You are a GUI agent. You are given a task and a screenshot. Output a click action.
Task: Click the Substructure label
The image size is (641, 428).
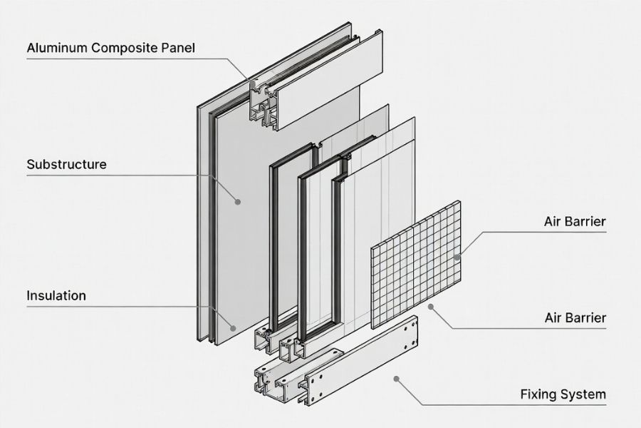[x=66, y=164]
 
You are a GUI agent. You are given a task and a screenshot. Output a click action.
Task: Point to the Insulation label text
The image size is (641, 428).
[x=56, y=295]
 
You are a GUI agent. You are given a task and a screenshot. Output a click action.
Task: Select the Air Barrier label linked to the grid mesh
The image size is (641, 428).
[x=574, y=221]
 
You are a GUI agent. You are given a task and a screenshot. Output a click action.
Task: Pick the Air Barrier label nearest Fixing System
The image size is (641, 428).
[x=574, y=317]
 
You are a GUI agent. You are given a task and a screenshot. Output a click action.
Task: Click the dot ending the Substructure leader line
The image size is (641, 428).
[x=238, y=202]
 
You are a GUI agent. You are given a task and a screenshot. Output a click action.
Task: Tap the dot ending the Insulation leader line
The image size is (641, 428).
[x=233, y=327]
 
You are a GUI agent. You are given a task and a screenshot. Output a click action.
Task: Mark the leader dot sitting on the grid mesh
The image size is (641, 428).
[x=457, y=257]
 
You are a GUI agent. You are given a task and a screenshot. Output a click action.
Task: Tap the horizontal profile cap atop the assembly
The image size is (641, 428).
[x=328, y=78]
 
